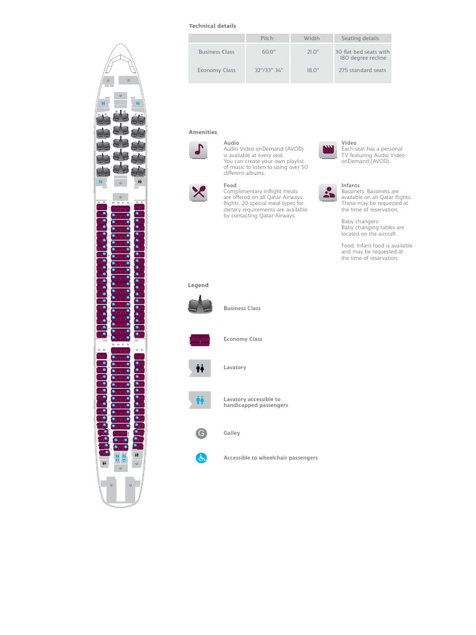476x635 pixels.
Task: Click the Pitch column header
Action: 267,38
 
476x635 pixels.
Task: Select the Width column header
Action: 312,38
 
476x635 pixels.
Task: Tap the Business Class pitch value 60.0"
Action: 267,52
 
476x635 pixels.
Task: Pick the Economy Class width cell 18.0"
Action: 312,70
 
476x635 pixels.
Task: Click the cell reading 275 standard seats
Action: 363,70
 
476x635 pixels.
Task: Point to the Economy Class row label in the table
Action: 216,70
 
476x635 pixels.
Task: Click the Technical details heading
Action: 213,26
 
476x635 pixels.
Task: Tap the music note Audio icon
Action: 198,150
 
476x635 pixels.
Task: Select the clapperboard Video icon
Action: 328,149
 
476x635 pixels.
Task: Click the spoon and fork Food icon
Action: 198,192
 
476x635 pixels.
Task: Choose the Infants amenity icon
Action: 328,192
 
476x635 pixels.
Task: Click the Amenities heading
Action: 203,132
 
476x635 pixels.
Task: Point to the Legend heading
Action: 198,285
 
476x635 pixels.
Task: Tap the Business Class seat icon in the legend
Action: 201,306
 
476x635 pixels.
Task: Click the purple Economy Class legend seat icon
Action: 200,340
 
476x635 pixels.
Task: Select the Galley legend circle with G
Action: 201,433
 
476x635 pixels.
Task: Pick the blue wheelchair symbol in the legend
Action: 201,458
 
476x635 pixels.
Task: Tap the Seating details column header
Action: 360,38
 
